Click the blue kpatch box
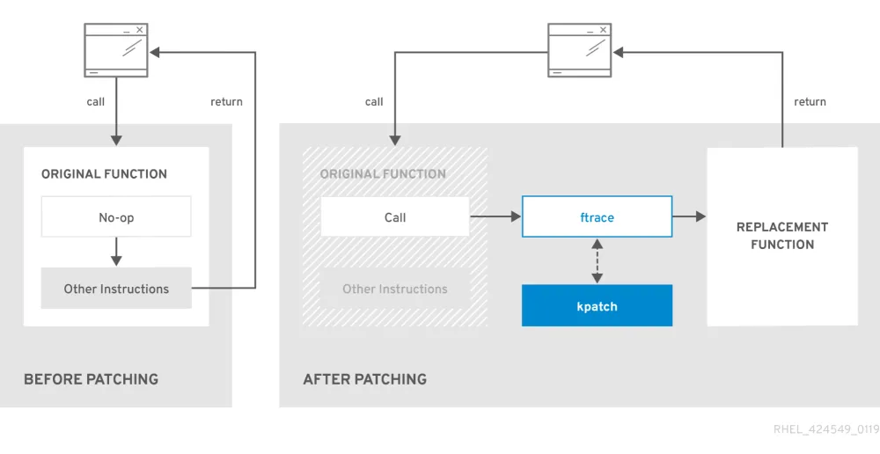pos(597,306)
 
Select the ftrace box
pos(597,217)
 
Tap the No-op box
pos(116,217)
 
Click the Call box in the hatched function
pos(394,217)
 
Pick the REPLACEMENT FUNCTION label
pos(781,236)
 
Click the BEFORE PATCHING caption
pos(91,379)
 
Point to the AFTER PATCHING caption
pos(364,379)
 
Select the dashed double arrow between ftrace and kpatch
pos(598,260)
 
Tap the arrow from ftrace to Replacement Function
pos(689,216)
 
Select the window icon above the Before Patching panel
pos(115,51)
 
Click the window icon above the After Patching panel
pos(579,51)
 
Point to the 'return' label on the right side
pos(810,102)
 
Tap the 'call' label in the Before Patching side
pos(95,102)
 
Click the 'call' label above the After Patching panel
pos(374,102)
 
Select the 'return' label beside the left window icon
pos(226,102)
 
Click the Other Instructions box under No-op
pos(116,289)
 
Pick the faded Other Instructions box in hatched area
pos(394,289)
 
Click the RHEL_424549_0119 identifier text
pos(825,429)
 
